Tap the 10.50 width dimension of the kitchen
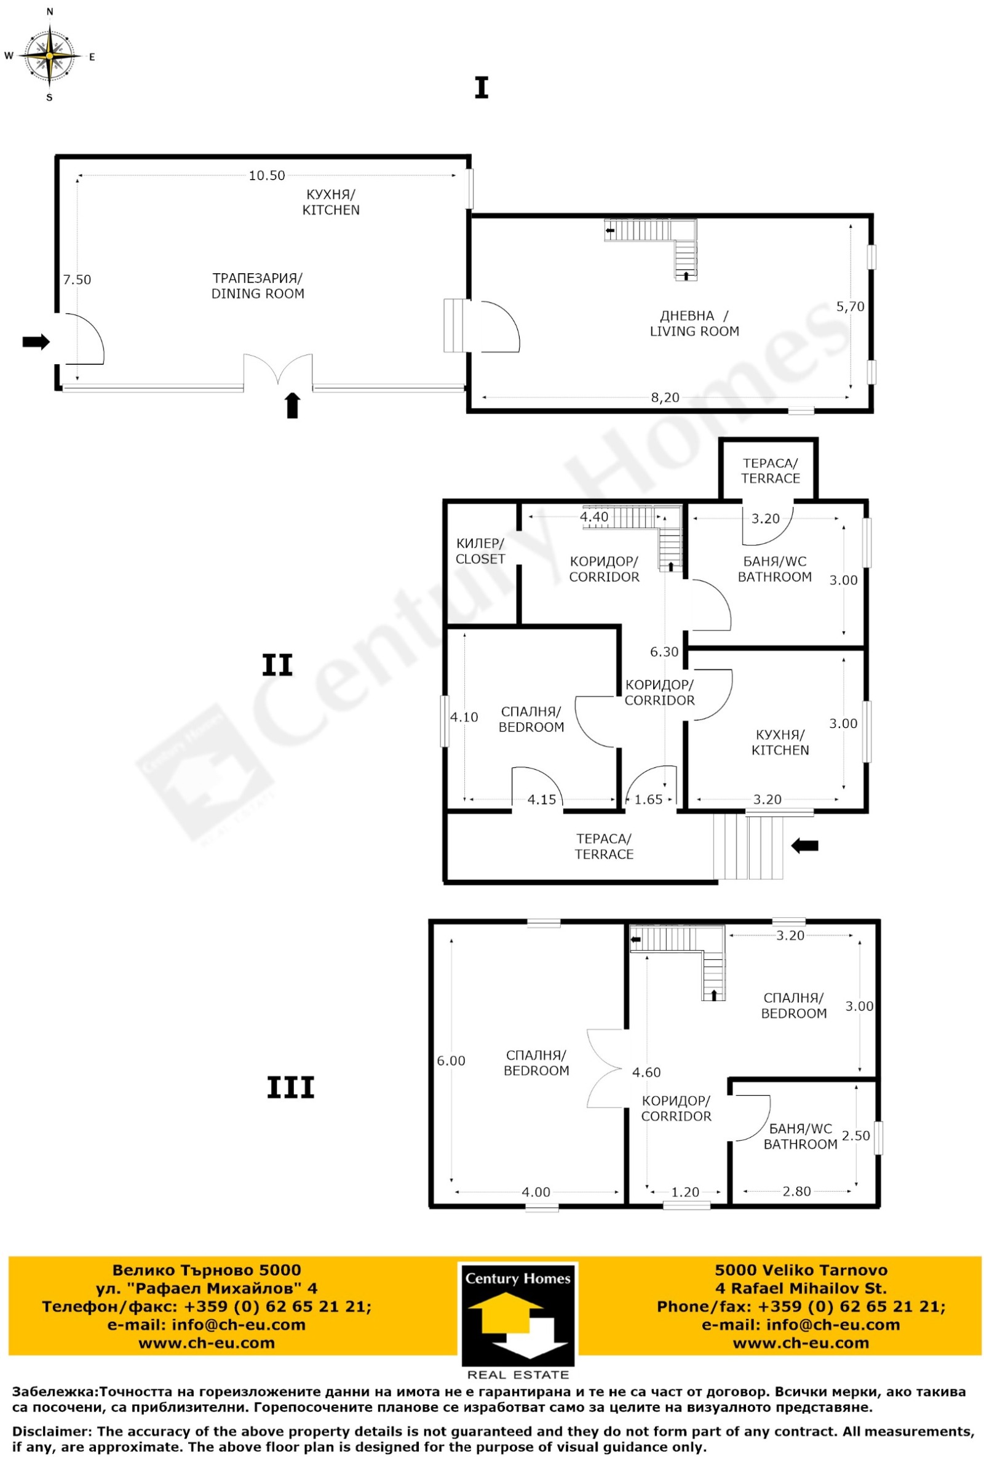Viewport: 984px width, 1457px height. pyautogui.click(x=267, y=175)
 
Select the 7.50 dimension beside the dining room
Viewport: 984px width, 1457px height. pyautogui.click(x=77, y=279)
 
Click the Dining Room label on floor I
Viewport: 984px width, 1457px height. pyautogui.click(x=258, y=285)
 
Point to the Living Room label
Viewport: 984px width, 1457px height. pyautogui.click(x=694, y=324)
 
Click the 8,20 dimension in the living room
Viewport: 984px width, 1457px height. pyautogui.click(x=665, y=397)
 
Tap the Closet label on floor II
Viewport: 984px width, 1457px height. pyautogui.click(x=480, y=551)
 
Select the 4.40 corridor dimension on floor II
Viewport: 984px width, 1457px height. pyautogui.click(x=594, y=517)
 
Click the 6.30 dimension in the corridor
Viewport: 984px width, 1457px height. pyautogui.click(x=664, y=652)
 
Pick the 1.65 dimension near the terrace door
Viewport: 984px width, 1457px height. pyautogui.click(x=649, y=799)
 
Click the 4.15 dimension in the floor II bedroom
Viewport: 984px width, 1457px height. pyautogui.click(x=542, y=799)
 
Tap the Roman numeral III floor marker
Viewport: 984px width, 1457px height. pyautogui.click(x=291, y=1088)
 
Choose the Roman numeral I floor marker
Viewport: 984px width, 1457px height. pyautogui.click(x=482, y=88)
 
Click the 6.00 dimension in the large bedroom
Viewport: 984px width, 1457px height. pyautogui.click(x=451, y=1061)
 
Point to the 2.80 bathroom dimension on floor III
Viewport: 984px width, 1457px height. pyautogui.click(x=797, y=1191)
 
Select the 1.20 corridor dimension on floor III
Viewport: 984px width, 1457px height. pyautogui.click(x=685, y=1192)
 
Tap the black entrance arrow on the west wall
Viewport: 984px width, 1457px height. pyautogui.click(x=36, y=341)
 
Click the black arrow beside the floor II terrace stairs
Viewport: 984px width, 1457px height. pyautogui.click(x=805, y=846)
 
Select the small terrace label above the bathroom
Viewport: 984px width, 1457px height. pyautogui.click(x=770, y=471)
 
